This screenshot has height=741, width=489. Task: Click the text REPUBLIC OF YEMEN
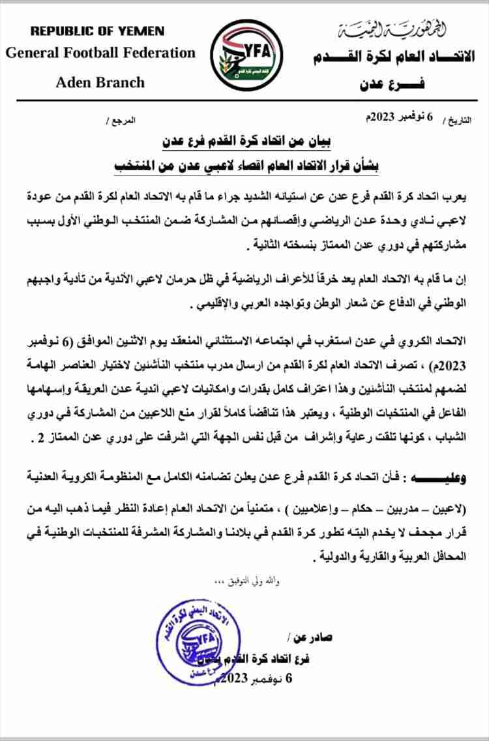(98, 31)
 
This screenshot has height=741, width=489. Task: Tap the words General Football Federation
(100, 53)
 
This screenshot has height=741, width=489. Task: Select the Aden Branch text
(100, 83)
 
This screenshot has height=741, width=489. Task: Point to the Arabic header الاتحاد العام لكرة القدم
(391, 58)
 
